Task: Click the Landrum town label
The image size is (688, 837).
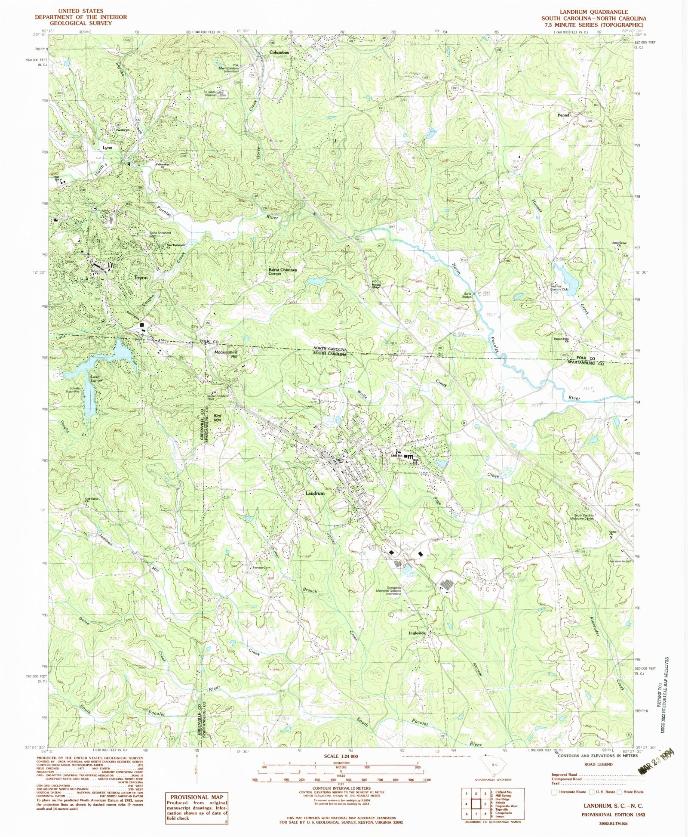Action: pos(315,493)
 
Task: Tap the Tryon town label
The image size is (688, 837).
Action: pos(141,278)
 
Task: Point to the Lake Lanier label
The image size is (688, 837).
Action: pos(96,379)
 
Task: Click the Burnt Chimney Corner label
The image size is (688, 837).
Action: pos(283,272)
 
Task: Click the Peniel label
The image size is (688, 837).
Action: pos(563,115)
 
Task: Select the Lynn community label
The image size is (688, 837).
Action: pos(107,147)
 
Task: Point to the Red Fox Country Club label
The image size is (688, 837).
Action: pos(559,287)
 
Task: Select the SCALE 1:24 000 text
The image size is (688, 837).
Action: pos(340,756)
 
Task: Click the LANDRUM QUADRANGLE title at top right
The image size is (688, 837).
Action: pos(593,12)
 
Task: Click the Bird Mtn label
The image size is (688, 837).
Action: pos(218,417)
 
